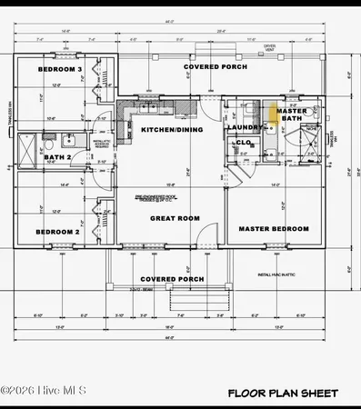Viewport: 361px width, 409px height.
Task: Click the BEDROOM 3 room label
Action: point(61,70)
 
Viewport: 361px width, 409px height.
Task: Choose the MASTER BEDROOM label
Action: point(274,229)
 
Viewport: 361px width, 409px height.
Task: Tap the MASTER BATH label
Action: point(293,115)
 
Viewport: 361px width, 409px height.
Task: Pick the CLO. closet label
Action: point(244,144)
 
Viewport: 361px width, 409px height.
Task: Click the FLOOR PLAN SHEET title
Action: point(283,394)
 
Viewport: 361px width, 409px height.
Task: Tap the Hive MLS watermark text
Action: point(44,391)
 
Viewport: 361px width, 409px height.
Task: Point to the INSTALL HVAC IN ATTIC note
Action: point(277,274)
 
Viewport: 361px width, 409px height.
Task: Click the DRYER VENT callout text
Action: point(269,45)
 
